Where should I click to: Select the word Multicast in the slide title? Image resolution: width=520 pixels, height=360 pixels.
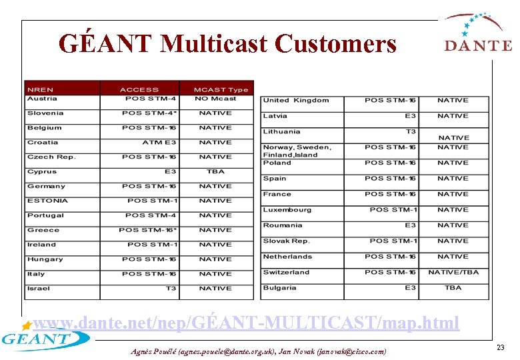pos(214,44)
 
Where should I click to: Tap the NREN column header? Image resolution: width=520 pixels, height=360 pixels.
pos(41,89)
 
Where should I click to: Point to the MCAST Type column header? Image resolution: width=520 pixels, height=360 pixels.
pos(220,89)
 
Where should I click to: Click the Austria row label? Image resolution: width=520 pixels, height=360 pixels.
pos(42,99)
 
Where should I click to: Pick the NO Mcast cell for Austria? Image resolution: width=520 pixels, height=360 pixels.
pos(215,99)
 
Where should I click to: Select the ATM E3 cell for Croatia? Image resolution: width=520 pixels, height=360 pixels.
pos(159,142)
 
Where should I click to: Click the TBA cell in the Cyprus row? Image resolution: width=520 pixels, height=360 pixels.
pos(215,171)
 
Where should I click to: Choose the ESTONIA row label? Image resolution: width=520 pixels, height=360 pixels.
pos(47,201)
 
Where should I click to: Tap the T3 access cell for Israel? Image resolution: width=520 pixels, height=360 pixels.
pos(171,289)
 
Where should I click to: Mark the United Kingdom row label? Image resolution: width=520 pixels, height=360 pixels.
pos(295,100)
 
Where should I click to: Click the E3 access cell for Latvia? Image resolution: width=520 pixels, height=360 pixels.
pos(410,116)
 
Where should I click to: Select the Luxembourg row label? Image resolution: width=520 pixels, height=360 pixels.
pos(287,209)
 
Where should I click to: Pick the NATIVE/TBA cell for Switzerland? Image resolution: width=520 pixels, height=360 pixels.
pos(453,272)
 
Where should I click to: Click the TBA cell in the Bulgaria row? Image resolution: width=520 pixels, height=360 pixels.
pos(453,288)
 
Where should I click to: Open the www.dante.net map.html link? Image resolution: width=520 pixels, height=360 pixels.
pos(246,323)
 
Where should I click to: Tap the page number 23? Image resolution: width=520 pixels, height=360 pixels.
pos(500,347)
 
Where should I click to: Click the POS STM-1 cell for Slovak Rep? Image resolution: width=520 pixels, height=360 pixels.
pos(393,241)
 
